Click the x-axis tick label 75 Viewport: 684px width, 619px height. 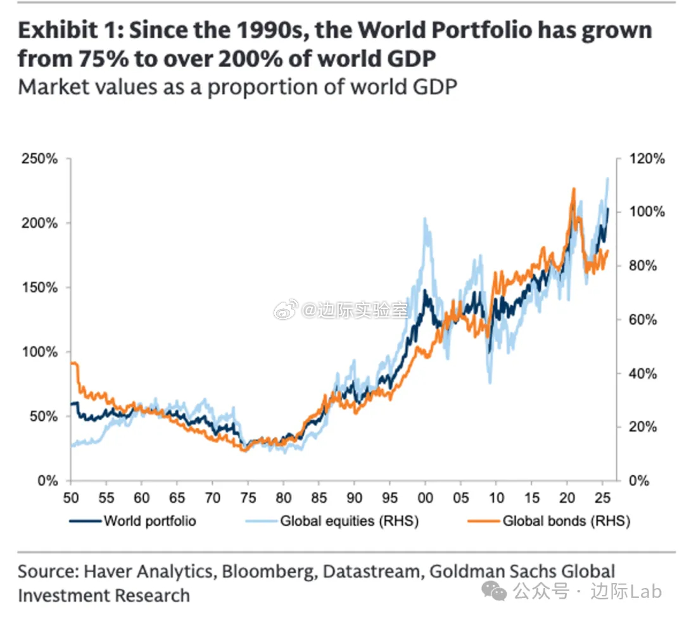pyautogui.click(x=248, y=497)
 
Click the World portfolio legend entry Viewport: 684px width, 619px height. pyautogui.click(x=149, y=522)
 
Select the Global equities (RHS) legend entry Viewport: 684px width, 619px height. pyautogui.click(x=349, y=522)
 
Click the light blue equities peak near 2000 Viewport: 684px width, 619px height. pyautogui.click(x=424, y=219)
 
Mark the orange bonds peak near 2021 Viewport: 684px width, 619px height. pyautogui.click(x=574, y=189)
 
